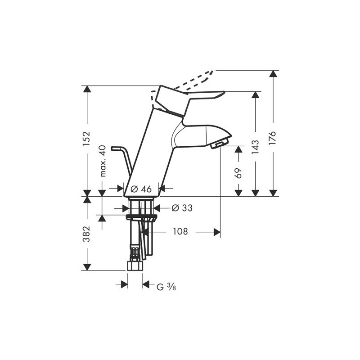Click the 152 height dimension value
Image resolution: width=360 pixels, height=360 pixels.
click(x=87, y=139)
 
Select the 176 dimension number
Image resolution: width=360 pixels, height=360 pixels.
click(x=273, y=138)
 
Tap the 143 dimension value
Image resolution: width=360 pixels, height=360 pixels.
click(x=255, y=147)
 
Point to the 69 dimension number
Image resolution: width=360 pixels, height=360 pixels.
click(x=238, y=173)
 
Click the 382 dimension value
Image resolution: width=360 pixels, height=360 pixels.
click(x=87, y=234)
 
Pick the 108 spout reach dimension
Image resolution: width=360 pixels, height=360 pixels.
click(x=180, y=231)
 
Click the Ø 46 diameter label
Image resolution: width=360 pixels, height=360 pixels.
click(x=141, y=189)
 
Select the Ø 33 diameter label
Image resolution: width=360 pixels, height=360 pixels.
click(x=182, y=208)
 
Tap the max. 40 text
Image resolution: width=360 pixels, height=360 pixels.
click(x=103, y=161)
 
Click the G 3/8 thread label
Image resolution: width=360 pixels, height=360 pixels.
click(x=166, y=287)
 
